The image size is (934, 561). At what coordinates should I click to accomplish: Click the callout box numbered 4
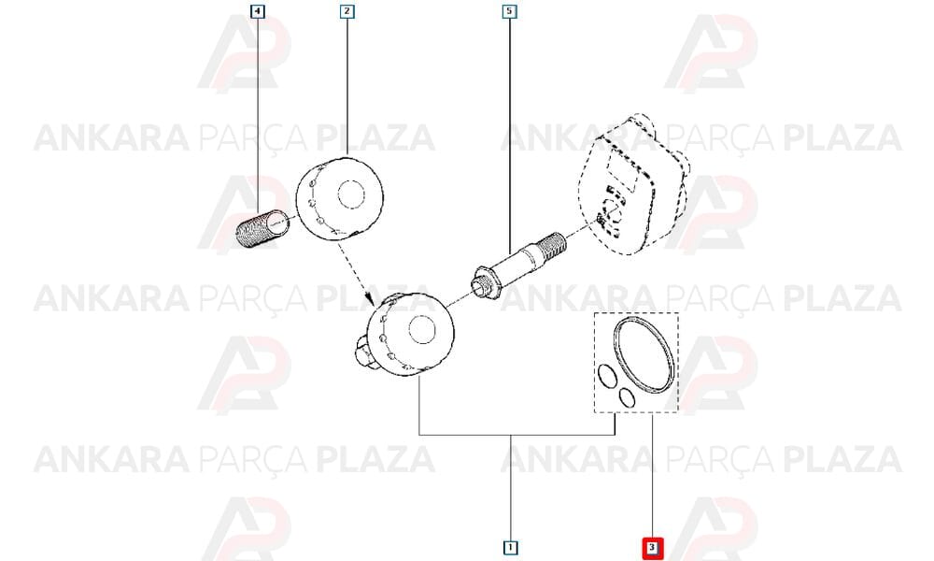258,10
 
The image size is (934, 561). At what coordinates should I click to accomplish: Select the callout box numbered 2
347,10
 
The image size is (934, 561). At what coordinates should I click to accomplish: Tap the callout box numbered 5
509,10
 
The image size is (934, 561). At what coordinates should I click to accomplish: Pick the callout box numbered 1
511,547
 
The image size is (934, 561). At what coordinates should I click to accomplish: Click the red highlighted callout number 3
652,547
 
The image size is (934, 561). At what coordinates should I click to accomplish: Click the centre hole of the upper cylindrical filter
351,195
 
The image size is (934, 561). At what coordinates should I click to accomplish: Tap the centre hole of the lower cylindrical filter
422,331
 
